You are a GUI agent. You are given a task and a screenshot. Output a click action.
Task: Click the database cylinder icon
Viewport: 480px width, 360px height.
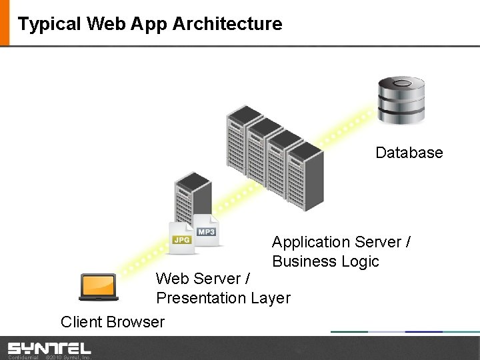tap(401, 100)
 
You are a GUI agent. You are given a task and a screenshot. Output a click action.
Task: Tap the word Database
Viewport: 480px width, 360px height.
tap(409, 153)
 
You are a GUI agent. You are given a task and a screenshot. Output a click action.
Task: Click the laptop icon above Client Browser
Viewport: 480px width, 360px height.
tap(99, 287)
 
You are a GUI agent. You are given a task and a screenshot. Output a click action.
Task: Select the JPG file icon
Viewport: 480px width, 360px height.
tap(181, 238)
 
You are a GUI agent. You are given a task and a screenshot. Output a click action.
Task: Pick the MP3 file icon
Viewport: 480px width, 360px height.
tap(205, 230)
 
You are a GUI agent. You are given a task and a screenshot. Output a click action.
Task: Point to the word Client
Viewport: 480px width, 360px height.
tap(80, 322)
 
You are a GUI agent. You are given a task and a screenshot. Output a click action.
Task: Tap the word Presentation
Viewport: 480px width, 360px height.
tap(201, 298)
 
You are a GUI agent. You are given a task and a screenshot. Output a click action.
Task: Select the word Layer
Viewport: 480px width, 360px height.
tap(270, 298)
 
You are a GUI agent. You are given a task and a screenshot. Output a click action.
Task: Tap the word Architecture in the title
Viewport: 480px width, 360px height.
tap(227, 24)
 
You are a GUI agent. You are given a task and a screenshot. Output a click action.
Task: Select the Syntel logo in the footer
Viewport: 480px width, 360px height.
tap(49, 348)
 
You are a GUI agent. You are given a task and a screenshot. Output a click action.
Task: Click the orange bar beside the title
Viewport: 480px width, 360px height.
tap(5, 23)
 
